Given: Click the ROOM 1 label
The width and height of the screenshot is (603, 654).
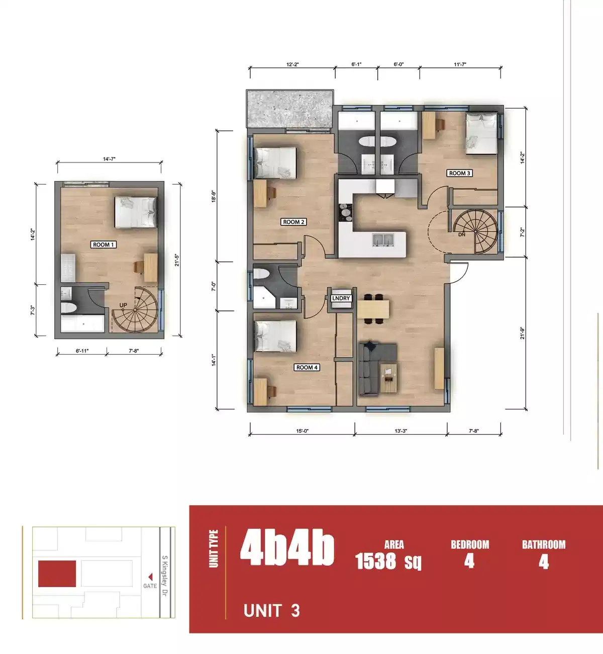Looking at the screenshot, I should (104, 244).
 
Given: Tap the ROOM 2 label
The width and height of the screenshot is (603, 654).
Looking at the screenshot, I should (293, 222).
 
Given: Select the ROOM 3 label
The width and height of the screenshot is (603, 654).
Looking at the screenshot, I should (459, 173).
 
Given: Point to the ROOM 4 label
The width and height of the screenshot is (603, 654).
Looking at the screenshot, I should (307, 367).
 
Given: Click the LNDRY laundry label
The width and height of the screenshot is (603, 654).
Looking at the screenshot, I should (341, 298).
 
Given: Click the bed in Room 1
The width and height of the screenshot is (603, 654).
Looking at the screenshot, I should (135, 212).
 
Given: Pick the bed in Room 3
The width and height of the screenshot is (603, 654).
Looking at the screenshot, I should (481, 133).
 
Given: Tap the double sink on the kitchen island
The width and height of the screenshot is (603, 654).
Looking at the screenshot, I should (382, 240).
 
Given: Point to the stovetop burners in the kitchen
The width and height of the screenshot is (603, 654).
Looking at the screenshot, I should (345, 212).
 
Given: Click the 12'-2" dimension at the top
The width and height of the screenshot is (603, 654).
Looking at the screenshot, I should (292, 64).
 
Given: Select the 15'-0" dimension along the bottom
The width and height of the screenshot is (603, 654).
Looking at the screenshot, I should (302, 431).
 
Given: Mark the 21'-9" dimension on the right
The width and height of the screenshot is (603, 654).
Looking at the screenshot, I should (523, 334).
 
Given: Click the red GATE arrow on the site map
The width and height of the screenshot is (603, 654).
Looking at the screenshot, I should (150, 577).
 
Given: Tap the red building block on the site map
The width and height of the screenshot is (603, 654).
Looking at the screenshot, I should (57, 574).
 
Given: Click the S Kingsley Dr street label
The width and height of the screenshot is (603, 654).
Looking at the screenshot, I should (164, 576).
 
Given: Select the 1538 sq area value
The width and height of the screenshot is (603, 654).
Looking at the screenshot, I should (388, 561).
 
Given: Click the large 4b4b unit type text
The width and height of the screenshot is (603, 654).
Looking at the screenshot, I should (287, 548).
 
